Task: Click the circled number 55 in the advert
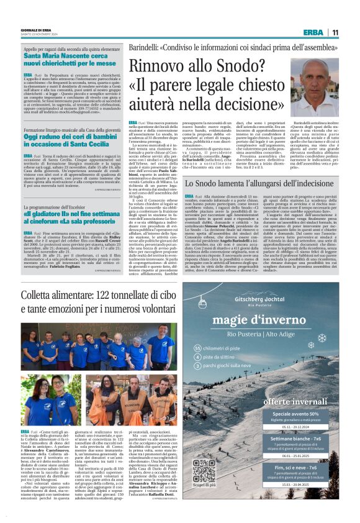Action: click(x=198, y=348)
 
